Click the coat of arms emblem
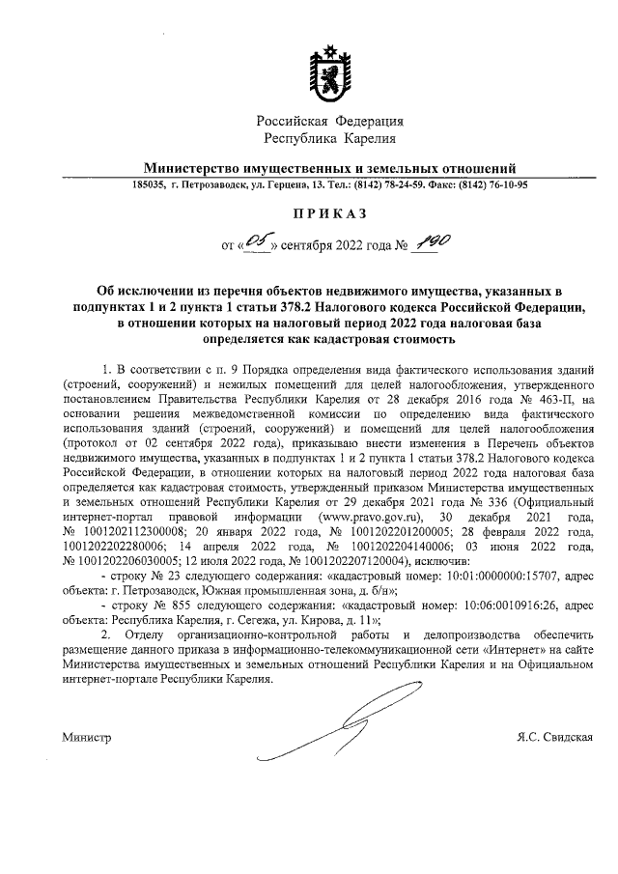click(x=329, y=74)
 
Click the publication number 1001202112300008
click(x=134, y=532)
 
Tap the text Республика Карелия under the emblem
click(x=329, y=140)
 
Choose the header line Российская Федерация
click(x=330, y=122)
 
